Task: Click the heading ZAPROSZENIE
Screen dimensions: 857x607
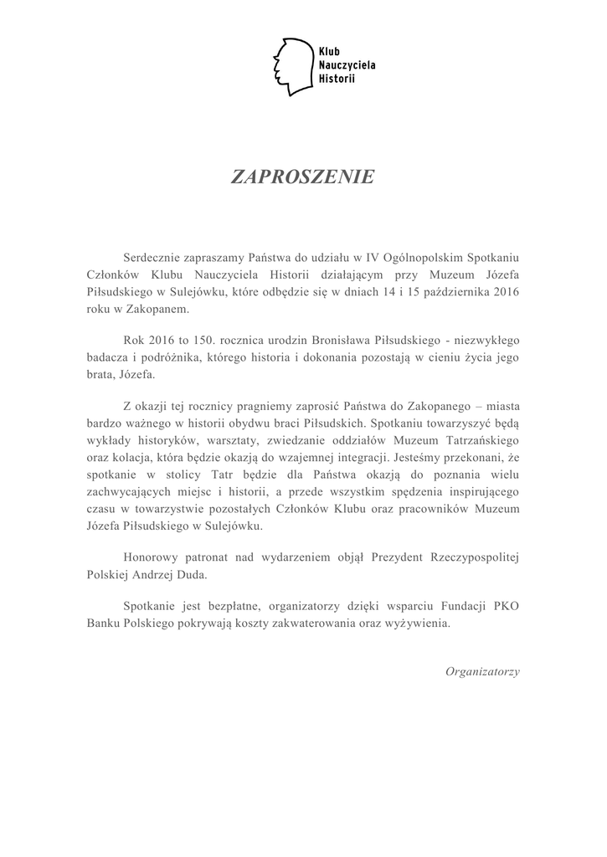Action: [303, 177]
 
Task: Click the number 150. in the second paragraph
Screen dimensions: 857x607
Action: [205, 341]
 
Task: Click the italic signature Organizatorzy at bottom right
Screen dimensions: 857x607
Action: [482, 670]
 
